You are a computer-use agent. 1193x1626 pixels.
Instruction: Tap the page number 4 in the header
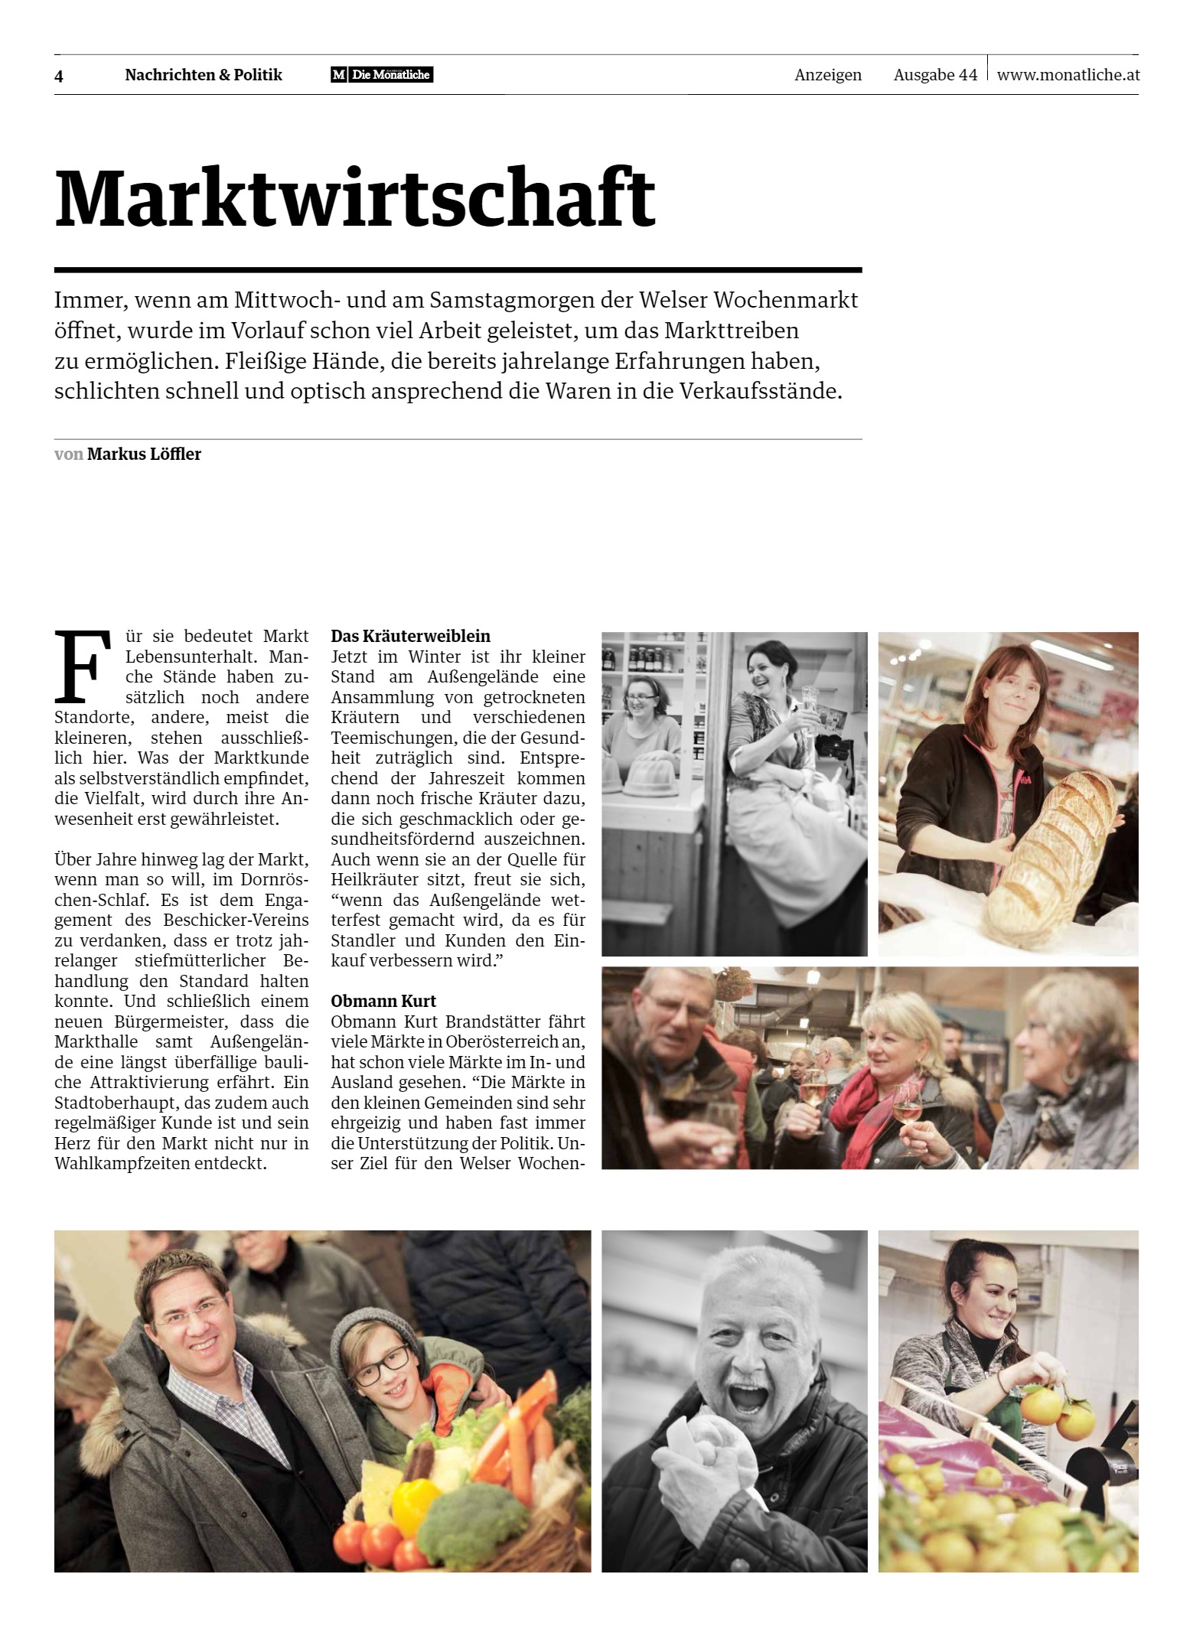click(x=59, y=76)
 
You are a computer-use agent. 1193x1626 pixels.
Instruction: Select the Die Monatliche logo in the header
click(x=382, y=75)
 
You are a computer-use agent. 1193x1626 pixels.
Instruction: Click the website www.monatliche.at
click(x=1068, y=75)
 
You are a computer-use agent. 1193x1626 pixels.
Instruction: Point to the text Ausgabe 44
click(x=935, y=75)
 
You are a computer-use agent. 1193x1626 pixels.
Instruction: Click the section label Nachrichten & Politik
click(x=204, y=75)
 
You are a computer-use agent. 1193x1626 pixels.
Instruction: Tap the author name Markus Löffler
click(x=144, y=454)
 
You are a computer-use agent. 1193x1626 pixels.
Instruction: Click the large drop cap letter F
click(x=78, y=667)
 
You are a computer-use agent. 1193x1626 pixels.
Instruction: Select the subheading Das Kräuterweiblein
click(x=410, y=636)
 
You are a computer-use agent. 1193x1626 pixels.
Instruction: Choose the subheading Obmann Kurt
click(x=383, y=1001)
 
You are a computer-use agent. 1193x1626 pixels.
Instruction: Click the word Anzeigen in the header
click(x=828, y=75)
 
